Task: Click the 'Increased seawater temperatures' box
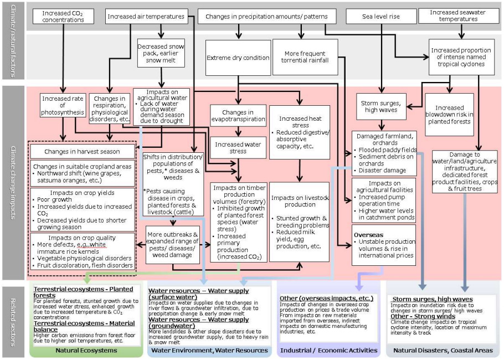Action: click(x=461, y=16)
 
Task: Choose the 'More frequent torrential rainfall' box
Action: click(x=305, y=57)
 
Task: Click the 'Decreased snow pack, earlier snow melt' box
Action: click(x=161, y=53)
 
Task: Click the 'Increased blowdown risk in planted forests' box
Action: click(x=450, y=115)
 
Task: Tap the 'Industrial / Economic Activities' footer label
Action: click(x=328, y=350)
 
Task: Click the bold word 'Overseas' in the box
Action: click(x=368, y=235)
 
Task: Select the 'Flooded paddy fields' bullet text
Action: click(x=388, y=150)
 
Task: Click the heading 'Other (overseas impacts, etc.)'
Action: click(x=326, y=299)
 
